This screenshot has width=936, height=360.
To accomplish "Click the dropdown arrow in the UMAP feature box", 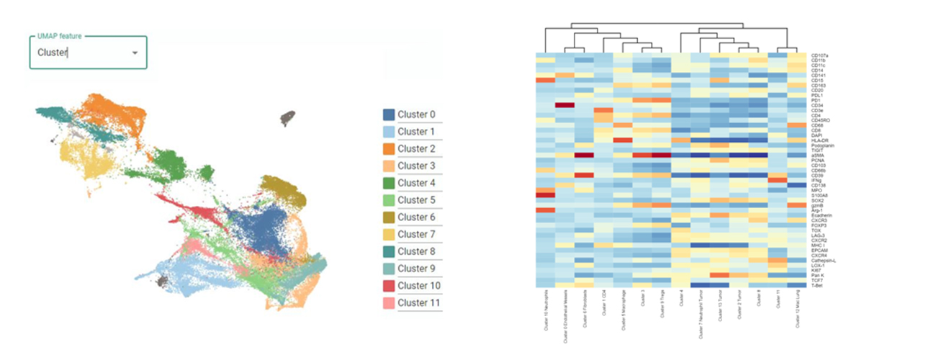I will [x=135, y=53].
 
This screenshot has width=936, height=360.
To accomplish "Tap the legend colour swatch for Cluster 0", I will [x=388, y=114].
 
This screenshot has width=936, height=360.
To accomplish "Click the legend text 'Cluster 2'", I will [x=417, y=149].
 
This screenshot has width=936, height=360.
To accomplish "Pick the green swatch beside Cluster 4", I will [x=388, y=183].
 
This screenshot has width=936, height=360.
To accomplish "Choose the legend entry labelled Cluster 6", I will [x=417, y=217].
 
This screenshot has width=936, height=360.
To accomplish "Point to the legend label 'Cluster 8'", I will [x=417, y=251].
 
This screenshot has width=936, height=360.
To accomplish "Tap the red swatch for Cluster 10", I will [x=388, y=286].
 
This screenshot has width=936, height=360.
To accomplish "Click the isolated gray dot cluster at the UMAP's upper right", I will [x=287, y=117].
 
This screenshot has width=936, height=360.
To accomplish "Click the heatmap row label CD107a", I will [x=819, y=55].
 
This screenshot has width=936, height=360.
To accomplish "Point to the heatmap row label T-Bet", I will [x=816, y=285].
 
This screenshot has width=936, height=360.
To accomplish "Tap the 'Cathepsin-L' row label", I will [x=822, y=260].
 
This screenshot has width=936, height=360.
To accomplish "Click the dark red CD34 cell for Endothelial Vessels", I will [x=564, y=105].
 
